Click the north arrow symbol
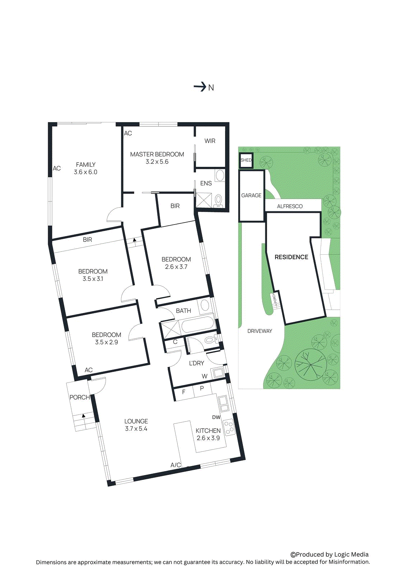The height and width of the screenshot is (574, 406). (200, 87)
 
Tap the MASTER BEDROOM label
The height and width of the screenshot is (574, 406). (157, 154)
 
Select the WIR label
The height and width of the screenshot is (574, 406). (210, 141)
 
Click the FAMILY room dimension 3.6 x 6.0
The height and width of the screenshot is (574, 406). (85, 172)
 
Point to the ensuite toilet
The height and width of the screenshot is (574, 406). (218, 201)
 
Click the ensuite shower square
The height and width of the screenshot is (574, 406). (204, 200)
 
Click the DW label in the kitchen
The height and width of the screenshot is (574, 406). (216, 417)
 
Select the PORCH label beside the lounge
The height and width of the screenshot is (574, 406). (79, 397)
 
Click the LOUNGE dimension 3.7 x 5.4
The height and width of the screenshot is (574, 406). (136, 429)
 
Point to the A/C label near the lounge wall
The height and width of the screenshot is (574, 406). (176, 465)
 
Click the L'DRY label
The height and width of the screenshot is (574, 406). (196, 363)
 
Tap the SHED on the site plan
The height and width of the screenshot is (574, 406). (246, 160)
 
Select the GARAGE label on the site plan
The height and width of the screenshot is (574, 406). (251, 196)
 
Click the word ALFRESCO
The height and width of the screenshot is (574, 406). (290, 206)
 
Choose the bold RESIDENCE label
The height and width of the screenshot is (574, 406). (291, 257)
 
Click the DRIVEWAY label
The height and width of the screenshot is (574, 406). (260, 331)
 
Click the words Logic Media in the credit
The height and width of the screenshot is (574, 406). (351, 555)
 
